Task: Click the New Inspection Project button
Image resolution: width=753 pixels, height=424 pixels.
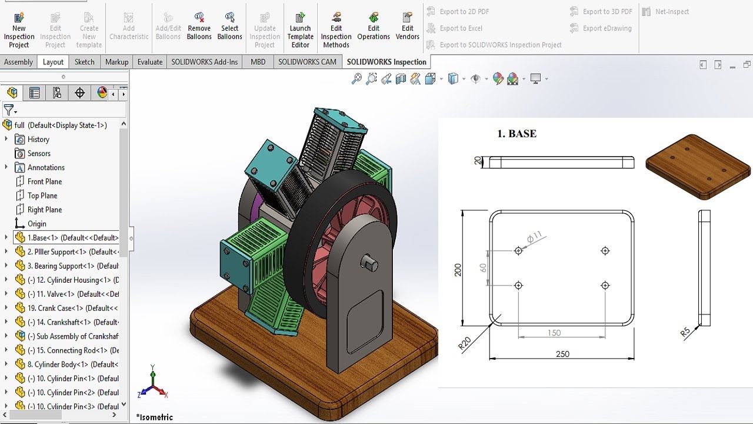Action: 19,29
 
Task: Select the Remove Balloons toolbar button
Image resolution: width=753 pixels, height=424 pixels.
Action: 199,29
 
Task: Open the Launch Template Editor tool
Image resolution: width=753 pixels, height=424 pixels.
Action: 300,29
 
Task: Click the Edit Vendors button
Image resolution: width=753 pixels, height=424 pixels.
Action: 407,29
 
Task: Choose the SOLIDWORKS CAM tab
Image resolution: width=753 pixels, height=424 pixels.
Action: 307,62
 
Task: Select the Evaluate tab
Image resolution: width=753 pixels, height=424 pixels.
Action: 149,62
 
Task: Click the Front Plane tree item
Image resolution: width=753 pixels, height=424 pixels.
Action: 44,181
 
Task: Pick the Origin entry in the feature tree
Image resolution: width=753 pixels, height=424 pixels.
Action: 36,224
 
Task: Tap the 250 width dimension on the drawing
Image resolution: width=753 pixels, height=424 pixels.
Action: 562,354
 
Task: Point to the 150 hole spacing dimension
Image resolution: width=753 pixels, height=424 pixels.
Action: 554,333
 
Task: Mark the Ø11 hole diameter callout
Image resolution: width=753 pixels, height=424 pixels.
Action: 534,238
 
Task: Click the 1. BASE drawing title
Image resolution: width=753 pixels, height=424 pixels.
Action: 517,134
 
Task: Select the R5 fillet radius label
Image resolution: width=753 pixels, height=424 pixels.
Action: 685,332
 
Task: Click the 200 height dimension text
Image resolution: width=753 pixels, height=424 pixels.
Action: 458,269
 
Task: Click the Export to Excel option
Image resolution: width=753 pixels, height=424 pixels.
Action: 461,28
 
